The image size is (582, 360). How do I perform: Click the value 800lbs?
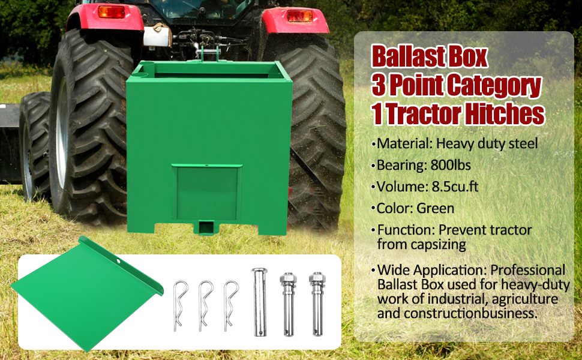[452, 165]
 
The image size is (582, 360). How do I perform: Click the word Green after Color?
[436, 208]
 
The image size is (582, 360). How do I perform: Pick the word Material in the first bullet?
[404, 143]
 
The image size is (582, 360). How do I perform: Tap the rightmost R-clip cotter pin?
[231, 304]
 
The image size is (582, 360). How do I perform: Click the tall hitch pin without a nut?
[259, 303]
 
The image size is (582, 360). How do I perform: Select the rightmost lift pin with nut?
[316, 304]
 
